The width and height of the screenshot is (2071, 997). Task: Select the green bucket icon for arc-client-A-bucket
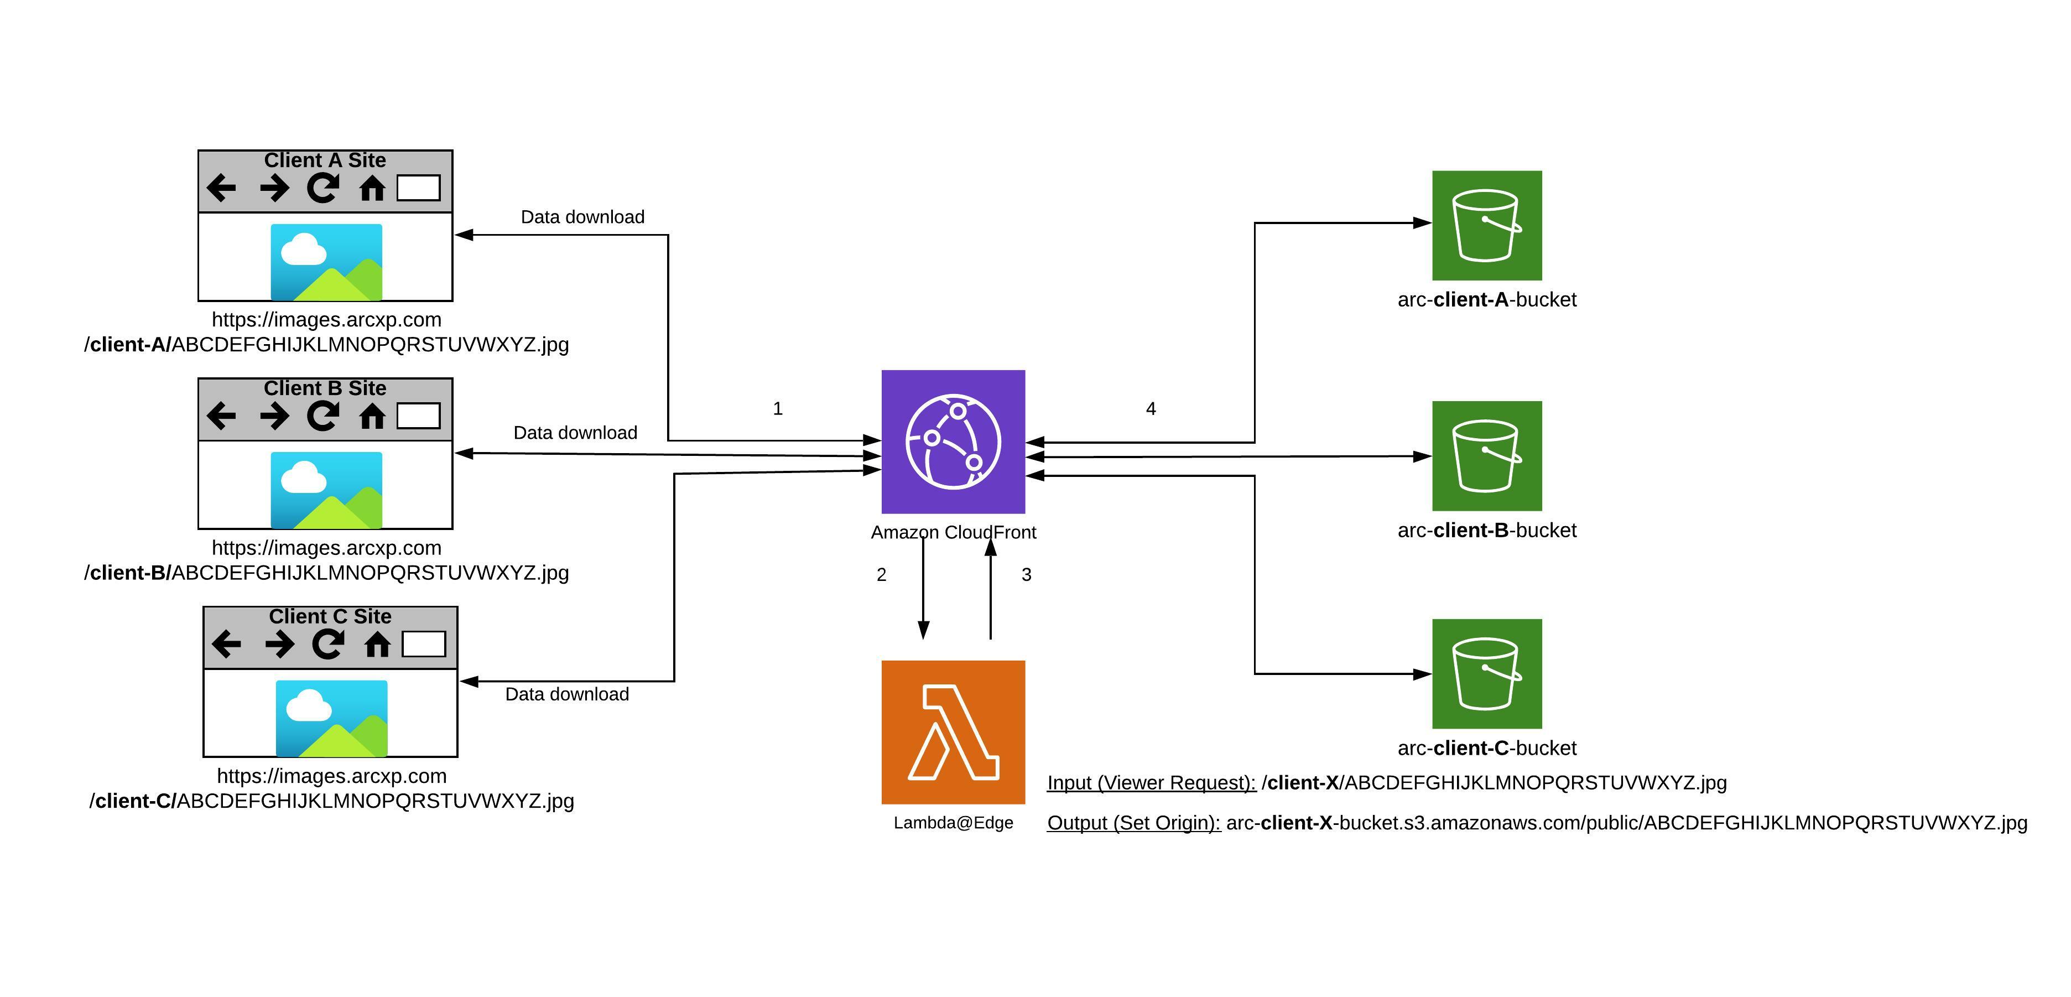[x=1486, y=225]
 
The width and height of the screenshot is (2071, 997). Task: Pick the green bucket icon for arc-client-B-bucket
[x=1486, y=456]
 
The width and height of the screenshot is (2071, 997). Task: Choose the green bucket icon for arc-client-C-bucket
[x=1486, y=674]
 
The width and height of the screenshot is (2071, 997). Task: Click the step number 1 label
[x=777, y=408]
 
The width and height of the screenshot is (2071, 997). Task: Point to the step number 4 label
[x=1151, y=408]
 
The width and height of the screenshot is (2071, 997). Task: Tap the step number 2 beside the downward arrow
[x=881, y=575]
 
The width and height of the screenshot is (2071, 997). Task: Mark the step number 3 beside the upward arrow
[x=1026, y=575]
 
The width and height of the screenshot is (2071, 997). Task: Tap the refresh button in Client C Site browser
[x=327, y=644]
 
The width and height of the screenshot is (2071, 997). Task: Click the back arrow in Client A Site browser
[x=221, y=188]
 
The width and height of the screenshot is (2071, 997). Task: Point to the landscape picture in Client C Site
[x=331, y=718]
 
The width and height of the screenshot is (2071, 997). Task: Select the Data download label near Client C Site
[x=567, y=694]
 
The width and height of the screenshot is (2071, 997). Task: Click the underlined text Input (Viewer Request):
[x=1151, y=782]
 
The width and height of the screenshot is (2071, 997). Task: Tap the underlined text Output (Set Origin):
[x=1133, y=823]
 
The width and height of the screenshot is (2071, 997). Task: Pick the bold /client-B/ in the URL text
[x=128, y=573]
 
